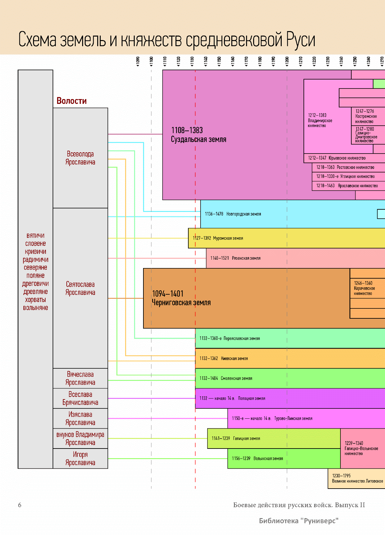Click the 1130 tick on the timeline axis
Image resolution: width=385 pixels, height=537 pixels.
click(192, 61)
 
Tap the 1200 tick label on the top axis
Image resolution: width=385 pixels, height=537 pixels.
click(287, 61)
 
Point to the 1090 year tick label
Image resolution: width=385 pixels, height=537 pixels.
click(138, 61)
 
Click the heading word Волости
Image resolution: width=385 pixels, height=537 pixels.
click(72, 101)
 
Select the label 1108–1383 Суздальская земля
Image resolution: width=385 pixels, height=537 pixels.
click(198, 135)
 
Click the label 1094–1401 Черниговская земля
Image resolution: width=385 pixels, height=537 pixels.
click(181, 298)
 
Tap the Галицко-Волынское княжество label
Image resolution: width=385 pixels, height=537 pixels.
click(361, 448)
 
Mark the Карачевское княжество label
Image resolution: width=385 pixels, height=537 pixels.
click(364, 288)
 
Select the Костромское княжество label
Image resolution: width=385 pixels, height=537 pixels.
click(366, 116)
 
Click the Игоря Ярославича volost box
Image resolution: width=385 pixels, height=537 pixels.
click(80, 458)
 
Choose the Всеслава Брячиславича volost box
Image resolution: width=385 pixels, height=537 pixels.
click(80, 399)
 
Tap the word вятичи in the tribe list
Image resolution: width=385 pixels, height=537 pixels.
click(35, 236)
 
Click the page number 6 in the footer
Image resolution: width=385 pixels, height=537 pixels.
click(20, 505)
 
